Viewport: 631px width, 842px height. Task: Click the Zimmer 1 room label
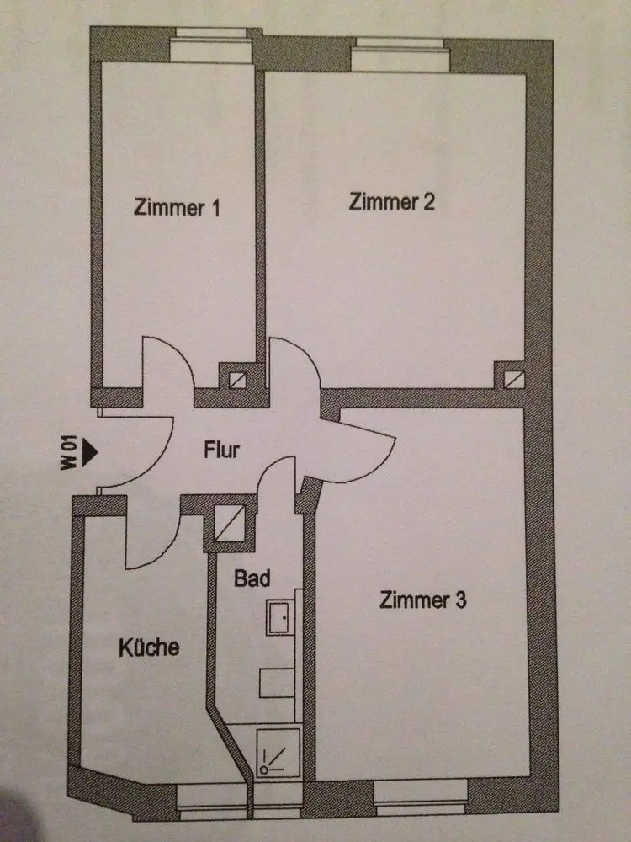[177, 208]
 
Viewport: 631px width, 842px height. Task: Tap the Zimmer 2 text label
[392, 202]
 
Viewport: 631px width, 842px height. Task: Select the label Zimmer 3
[423, 600]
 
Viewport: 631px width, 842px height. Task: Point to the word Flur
[222, 450]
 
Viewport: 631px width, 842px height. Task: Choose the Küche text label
[148, 647]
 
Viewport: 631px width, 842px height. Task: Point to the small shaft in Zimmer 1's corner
[237, 378]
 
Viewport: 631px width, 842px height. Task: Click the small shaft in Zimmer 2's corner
[510, 378]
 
